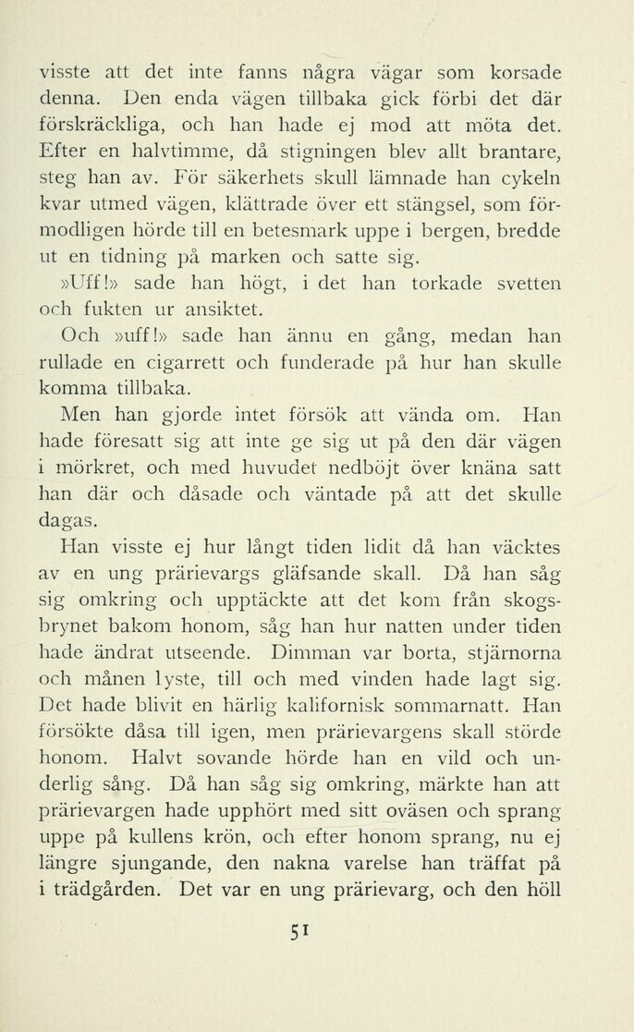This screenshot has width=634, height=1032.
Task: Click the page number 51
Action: tap(297, 934)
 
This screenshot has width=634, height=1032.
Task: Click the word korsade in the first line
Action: tap(520, 71)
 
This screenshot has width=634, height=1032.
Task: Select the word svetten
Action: tap(526, 283)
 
